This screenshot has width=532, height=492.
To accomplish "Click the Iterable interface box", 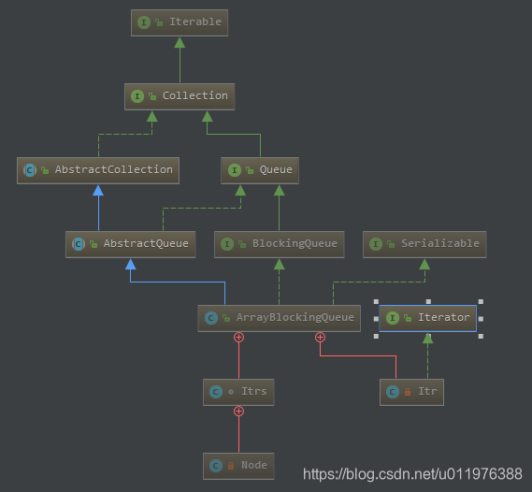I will click(180, 22).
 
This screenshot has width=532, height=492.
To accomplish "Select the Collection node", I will click(179, 96).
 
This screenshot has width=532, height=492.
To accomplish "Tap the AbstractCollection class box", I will click(98, 169).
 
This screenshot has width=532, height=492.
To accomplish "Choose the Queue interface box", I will click(260, 169).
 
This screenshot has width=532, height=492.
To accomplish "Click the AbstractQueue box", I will click(131, 243).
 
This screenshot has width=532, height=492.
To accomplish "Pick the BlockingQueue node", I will click(279, 243).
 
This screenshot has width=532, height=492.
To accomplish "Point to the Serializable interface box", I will click(424, 243).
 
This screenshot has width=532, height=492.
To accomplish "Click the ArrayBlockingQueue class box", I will click(279, 317).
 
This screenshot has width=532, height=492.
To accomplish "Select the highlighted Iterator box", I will click(427, 317).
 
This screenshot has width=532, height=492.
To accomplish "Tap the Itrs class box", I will click(238, 391).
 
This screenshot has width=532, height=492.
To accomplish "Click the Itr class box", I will click(411, 391).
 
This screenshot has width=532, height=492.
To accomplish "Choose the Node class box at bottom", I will click(238, 465).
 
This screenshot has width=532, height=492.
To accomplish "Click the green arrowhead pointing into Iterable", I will click(180, 43).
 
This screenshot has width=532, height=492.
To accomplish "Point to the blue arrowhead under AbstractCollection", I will click(98, 190).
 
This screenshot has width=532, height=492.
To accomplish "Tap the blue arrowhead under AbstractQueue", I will click(131, 264).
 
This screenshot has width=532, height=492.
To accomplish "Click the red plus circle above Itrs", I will click(238, 337).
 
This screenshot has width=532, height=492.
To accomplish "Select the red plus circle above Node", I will click(238, 411).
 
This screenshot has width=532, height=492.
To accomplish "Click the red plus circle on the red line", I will click(320, 337).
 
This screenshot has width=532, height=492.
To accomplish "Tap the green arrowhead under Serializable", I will click(424, 264).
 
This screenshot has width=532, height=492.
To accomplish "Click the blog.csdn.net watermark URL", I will click(412, 474).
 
